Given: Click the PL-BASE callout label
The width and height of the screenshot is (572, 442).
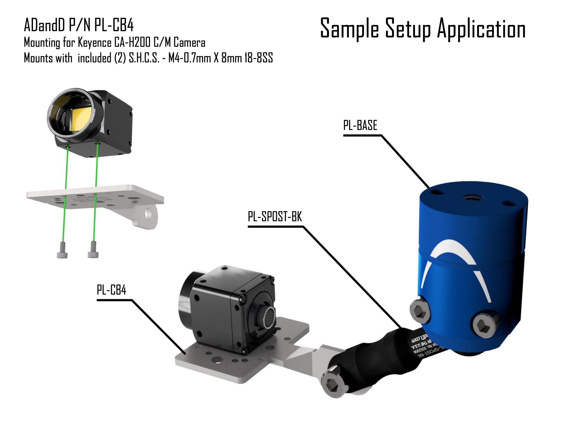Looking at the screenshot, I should tap(360, 125).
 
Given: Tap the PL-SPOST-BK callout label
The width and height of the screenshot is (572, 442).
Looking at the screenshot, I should tap(275, 217).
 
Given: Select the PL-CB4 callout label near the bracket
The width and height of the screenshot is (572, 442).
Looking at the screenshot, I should tap(111, 290).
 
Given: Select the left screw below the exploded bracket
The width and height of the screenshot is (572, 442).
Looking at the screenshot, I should tap(62, 251).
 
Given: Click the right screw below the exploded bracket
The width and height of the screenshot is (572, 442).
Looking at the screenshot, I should tap(93, 250).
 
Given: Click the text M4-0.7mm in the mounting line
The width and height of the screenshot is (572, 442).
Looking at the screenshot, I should tap(189, 58).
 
